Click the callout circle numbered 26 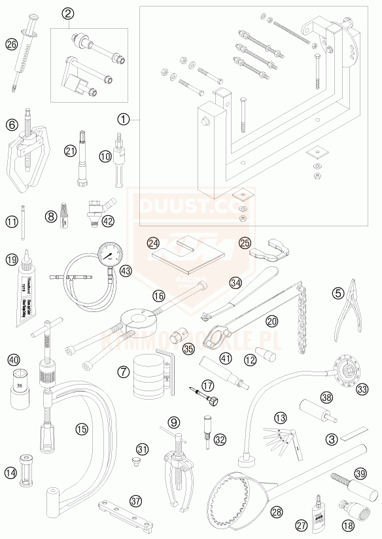point(10,44)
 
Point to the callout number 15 point(80,430)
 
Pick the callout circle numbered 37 point(135,501)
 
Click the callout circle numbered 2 point(68,12)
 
